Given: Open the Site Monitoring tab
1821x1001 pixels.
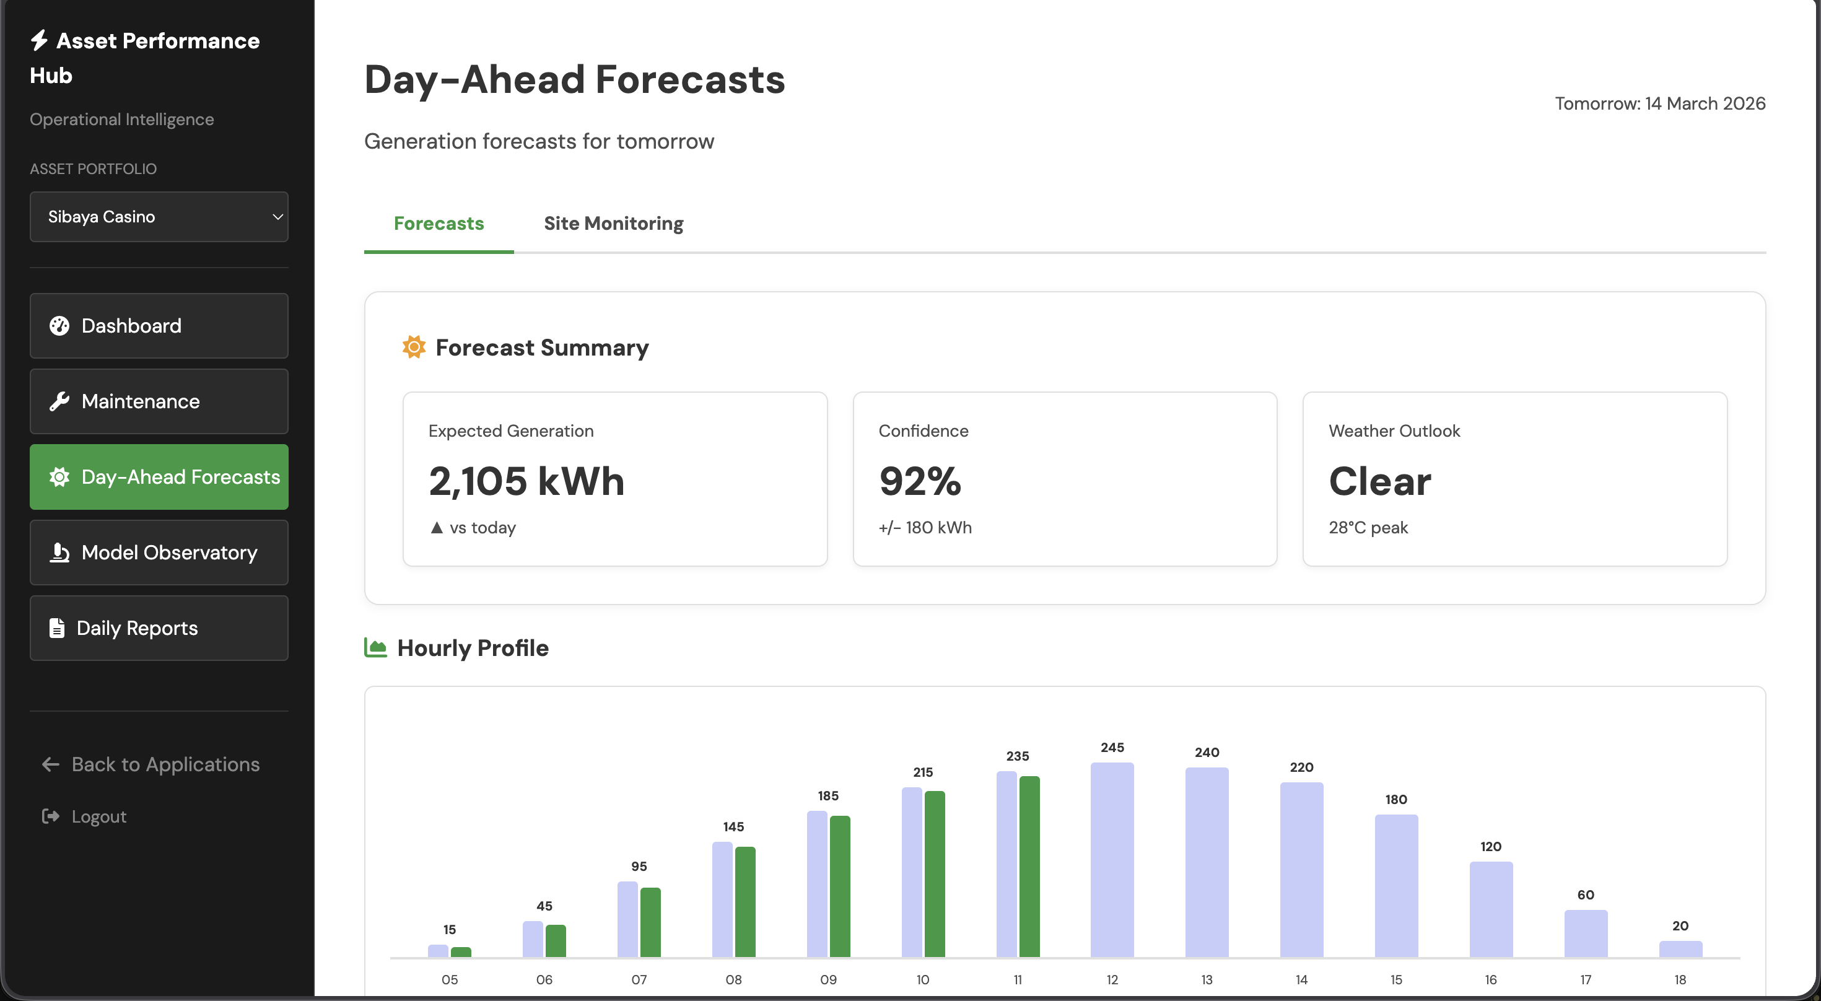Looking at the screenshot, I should tap(613, 224).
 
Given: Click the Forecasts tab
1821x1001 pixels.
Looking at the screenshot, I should tap(439, 224).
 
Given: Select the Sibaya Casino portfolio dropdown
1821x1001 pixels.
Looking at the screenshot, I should tap(159, 217).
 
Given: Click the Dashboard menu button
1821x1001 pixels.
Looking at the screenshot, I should tap(159, 326).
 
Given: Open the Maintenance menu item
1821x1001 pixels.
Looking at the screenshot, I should tap(159, 401).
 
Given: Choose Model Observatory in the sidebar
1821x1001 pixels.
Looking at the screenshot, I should tap(159, 553).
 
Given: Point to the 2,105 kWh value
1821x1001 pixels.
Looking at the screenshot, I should tap(526, 481).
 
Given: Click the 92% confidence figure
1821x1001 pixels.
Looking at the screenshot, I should tap(920, 481).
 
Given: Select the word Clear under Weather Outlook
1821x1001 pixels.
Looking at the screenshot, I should tap(1379, 481).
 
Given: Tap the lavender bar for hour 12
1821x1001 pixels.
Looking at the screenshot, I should tap(1112, 860).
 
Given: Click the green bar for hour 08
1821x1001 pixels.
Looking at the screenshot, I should tap(745, 902).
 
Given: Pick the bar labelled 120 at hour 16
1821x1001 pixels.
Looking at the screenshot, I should tap(1491, 909).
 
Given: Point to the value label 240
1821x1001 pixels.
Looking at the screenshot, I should tap(1207, 753).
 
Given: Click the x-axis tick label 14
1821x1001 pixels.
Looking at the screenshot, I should tap(1301, 980).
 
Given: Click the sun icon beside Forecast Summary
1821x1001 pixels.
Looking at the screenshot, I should tap(414, 347).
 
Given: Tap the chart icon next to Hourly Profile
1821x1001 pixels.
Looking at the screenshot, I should tap(375, 647).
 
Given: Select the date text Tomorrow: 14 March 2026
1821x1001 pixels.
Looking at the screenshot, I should tap(1660, 104).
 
